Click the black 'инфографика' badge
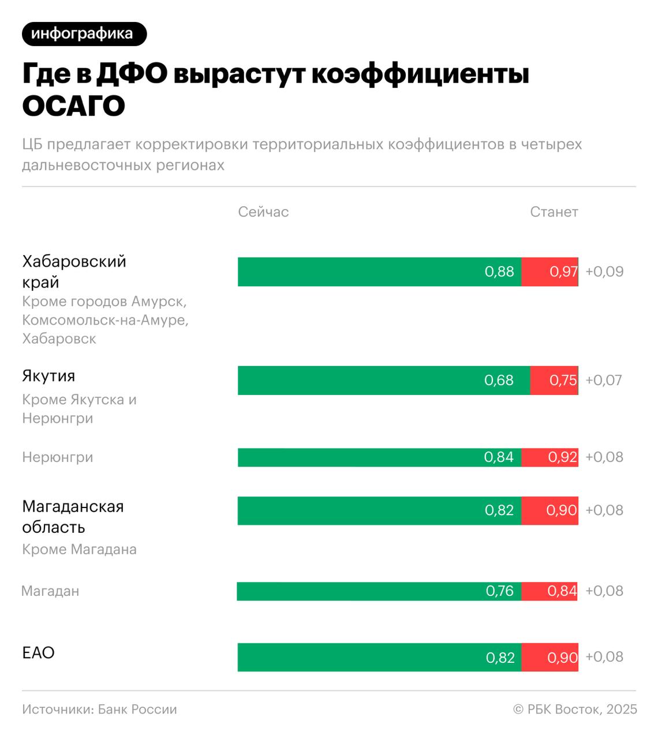coord(84,34)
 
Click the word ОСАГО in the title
coord(74,106)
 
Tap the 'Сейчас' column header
coord(263,212)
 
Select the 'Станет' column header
coord(554,212)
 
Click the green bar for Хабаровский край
coord(379,272)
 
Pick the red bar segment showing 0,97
coord(549,272)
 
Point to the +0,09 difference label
coord(604,272)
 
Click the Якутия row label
coord(48,376)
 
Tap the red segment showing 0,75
coord(554,380)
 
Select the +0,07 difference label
coord(604,380)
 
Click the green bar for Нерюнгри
coord(379,457)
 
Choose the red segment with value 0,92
coord(549,457)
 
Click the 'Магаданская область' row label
coord(73,517)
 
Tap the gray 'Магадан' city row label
coord(50,591)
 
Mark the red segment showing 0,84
coord(549,591)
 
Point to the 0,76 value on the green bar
coord(499,591)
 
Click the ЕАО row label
coord(38,653)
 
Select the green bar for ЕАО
coord(379,657)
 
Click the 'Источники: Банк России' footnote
coord(99,710)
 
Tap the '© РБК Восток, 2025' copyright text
coord(575,710)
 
